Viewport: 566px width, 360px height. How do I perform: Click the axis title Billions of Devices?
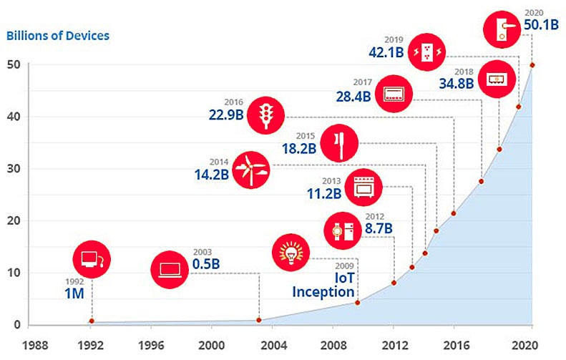click(x=58, y=35)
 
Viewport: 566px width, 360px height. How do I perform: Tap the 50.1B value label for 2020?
click(x=543, y=25)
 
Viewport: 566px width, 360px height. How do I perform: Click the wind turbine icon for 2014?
click(x=251, y=170)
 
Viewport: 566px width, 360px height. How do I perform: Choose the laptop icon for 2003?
click(x=170, y=271)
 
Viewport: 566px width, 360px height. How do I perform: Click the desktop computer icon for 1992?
click(x=92, y=259)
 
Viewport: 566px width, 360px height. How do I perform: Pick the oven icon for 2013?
click(x=363, y=188)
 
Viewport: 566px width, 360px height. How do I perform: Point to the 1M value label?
click(x=72, y=293)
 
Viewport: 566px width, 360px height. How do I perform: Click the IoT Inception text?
click(x=323, y=285)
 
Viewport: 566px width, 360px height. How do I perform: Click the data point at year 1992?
click(x=92, y=321)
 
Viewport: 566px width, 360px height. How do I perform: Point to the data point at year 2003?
click(x=259, y=320)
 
